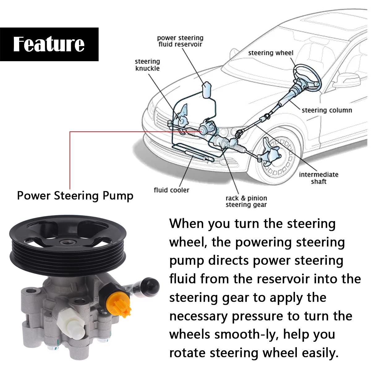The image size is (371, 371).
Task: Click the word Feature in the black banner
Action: tap(49, 44)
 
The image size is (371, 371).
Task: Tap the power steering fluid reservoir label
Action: tap(180, 41)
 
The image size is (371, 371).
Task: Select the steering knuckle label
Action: tap(147, 65)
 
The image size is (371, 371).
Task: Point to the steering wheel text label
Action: tap(271, 53)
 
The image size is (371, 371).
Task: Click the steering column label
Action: tap(327, 110)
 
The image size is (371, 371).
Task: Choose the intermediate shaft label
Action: tap(318, 178)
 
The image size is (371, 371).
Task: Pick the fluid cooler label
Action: tap(171, 190)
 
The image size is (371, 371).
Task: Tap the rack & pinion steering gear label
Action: tap(246, 201)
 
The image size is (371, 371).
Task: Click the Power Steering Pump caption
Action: tap(75, 196)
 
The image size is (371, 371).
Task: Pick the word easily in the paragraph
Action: tap(320, 353)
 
